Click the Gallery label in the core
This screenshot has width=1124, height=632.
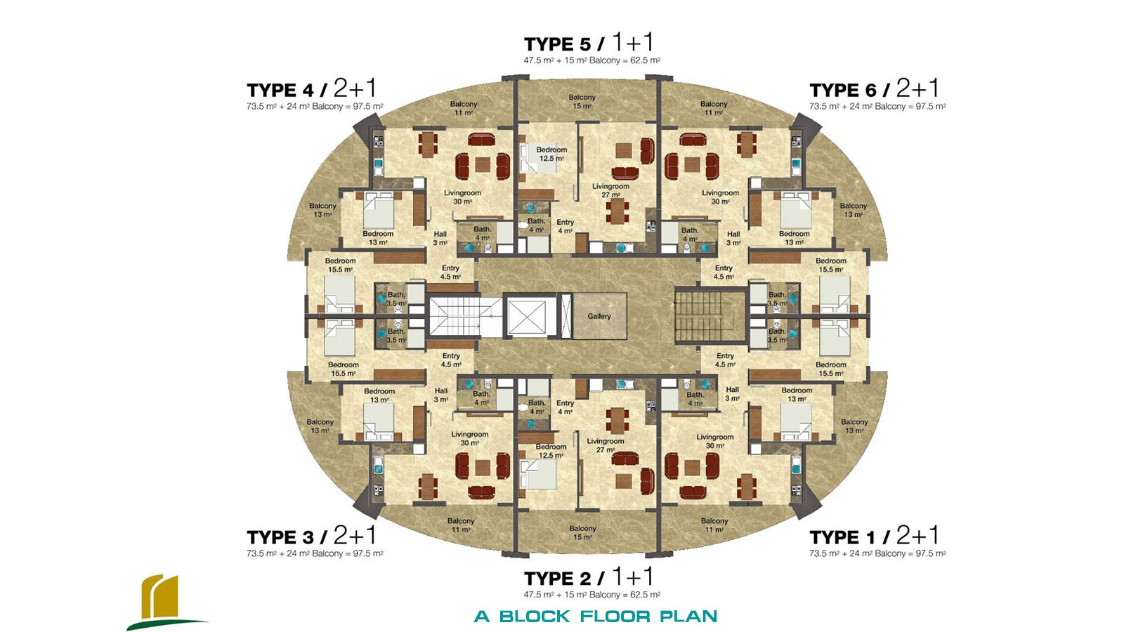pos(599,317)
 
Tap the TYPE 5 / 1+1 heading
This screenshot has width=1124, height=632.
pos(589,43)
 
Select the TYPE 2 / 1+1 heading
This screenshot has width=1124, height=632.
pos(589,578)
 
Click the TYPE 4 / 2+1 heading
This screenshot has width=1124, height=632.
pos(312,89)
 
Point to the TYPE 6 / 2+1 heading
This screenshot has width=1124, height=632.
pos(874,89)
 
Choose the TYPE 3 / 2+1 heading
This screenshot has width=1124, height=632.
pos(312,536)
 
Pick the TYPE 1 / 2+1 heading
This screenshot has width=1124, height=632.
pos(874,536)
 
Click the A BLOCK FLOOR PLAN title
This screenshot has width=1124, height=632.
pos(596,616)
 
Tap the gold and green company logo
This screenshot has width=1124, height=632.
pos(166,602)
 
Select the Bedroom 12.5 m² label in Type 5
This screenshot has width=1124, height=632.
pos(551,154)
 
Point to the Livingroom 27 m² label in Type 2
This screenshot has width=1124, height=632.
pos(606,445)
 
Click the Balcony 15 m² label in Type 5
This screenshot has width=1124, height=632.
pos(582,101)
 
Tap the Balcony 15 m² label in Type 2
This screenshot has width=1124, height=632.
pos(582,533)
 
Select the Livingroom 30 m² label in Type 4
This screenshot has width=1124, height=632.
pos(462,197)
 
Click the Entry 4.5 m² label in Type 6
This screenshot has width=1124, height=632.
pos(724,272)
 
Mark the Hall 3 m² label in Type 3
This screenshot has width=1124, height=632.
pos(441,395)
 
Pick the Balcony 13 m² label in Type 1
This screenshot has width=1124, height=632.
pos(854,426)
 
